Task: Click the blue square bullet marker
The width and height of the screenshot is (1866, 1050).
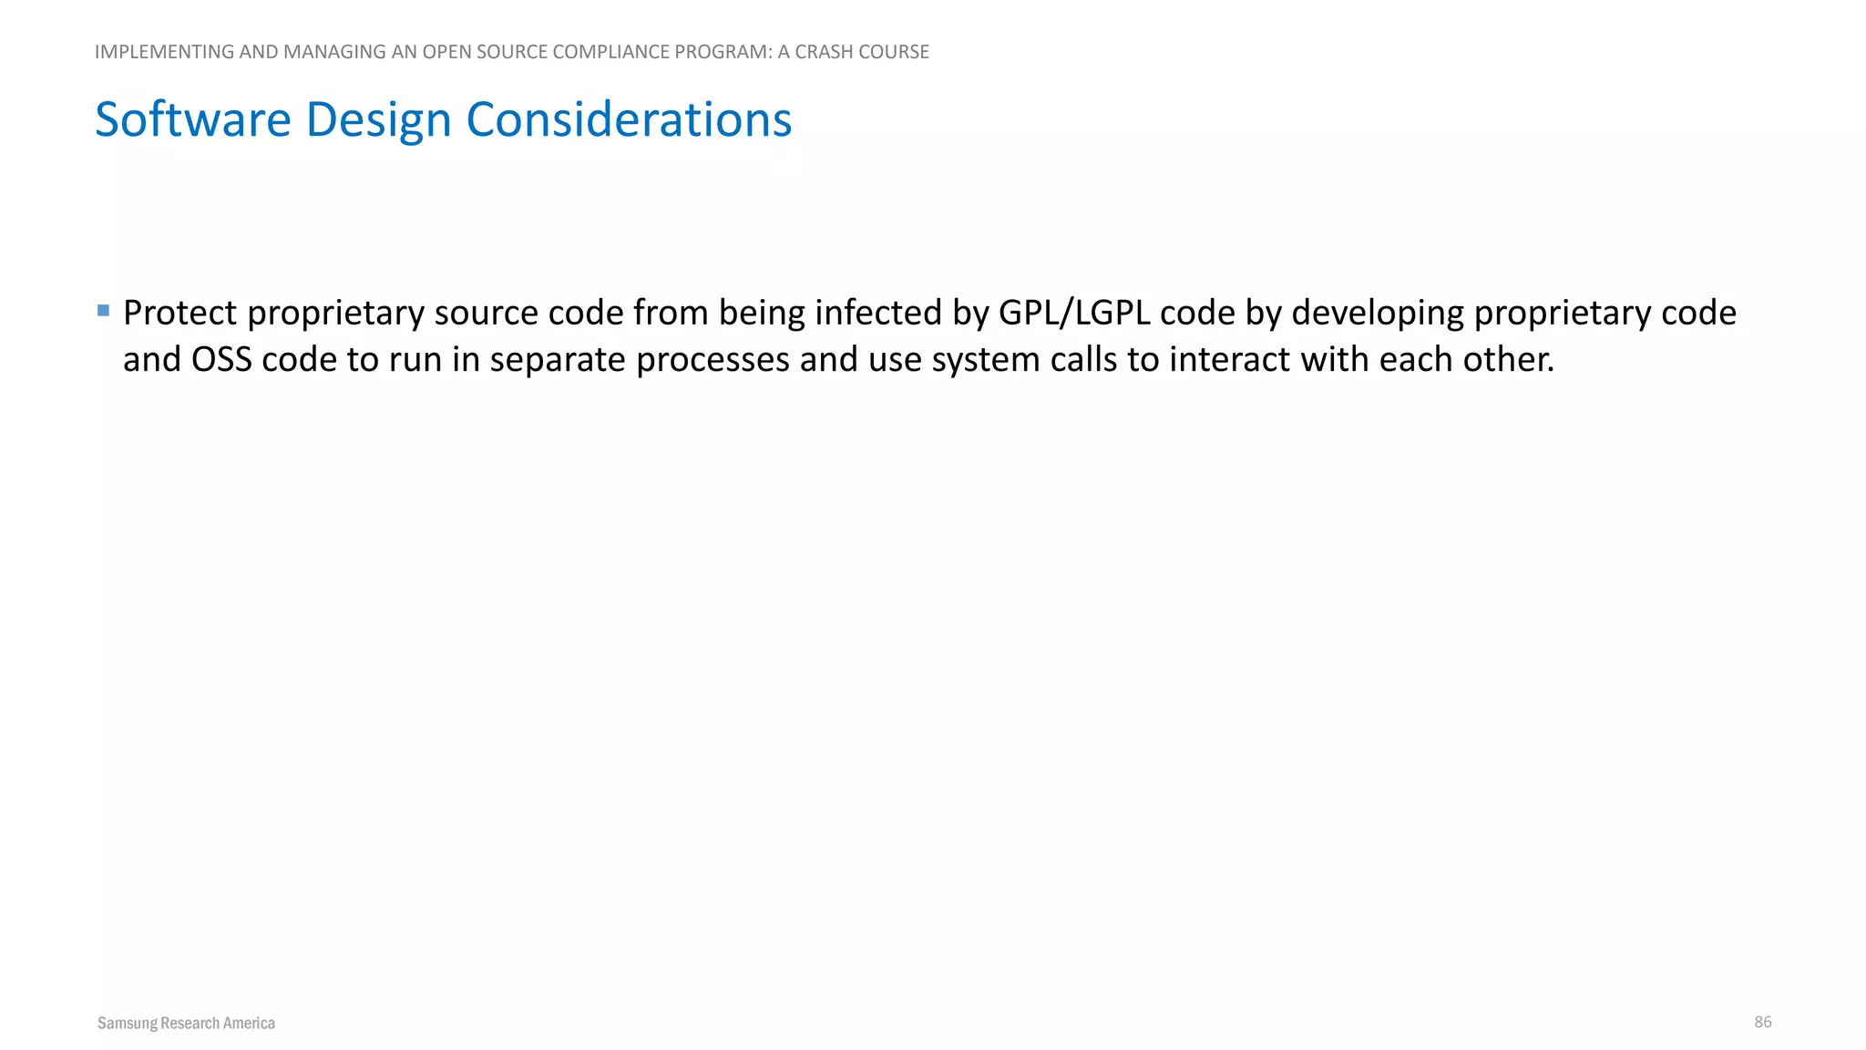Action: pos(103,311)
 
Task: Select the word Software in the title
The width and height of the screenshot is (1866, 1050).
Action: pos(193,119)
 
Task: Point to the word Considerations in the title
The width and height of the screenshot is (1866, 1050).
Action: pos(629,119)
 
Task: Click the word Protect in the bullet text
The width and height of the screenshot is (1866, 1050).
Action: pos(180,313)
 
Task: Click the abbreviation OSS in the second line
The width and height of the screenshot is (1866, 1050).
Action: pos(221,360)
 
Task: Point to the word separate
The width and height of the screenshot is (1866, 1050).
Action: pos(558,360)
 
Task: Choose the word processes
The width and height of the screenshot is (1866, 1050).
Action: pos(713,360)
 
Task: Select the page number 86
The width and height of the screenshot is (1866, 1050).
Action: pos(1763,1022)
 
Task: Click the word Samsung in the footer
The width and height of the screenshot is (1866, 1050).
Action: pos(127,1024)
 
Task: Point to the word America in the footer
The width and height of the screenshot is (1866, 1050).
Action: pos(249,1024)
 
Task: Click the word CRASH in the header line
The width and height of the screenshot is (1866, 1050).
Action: pos(824,52)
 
